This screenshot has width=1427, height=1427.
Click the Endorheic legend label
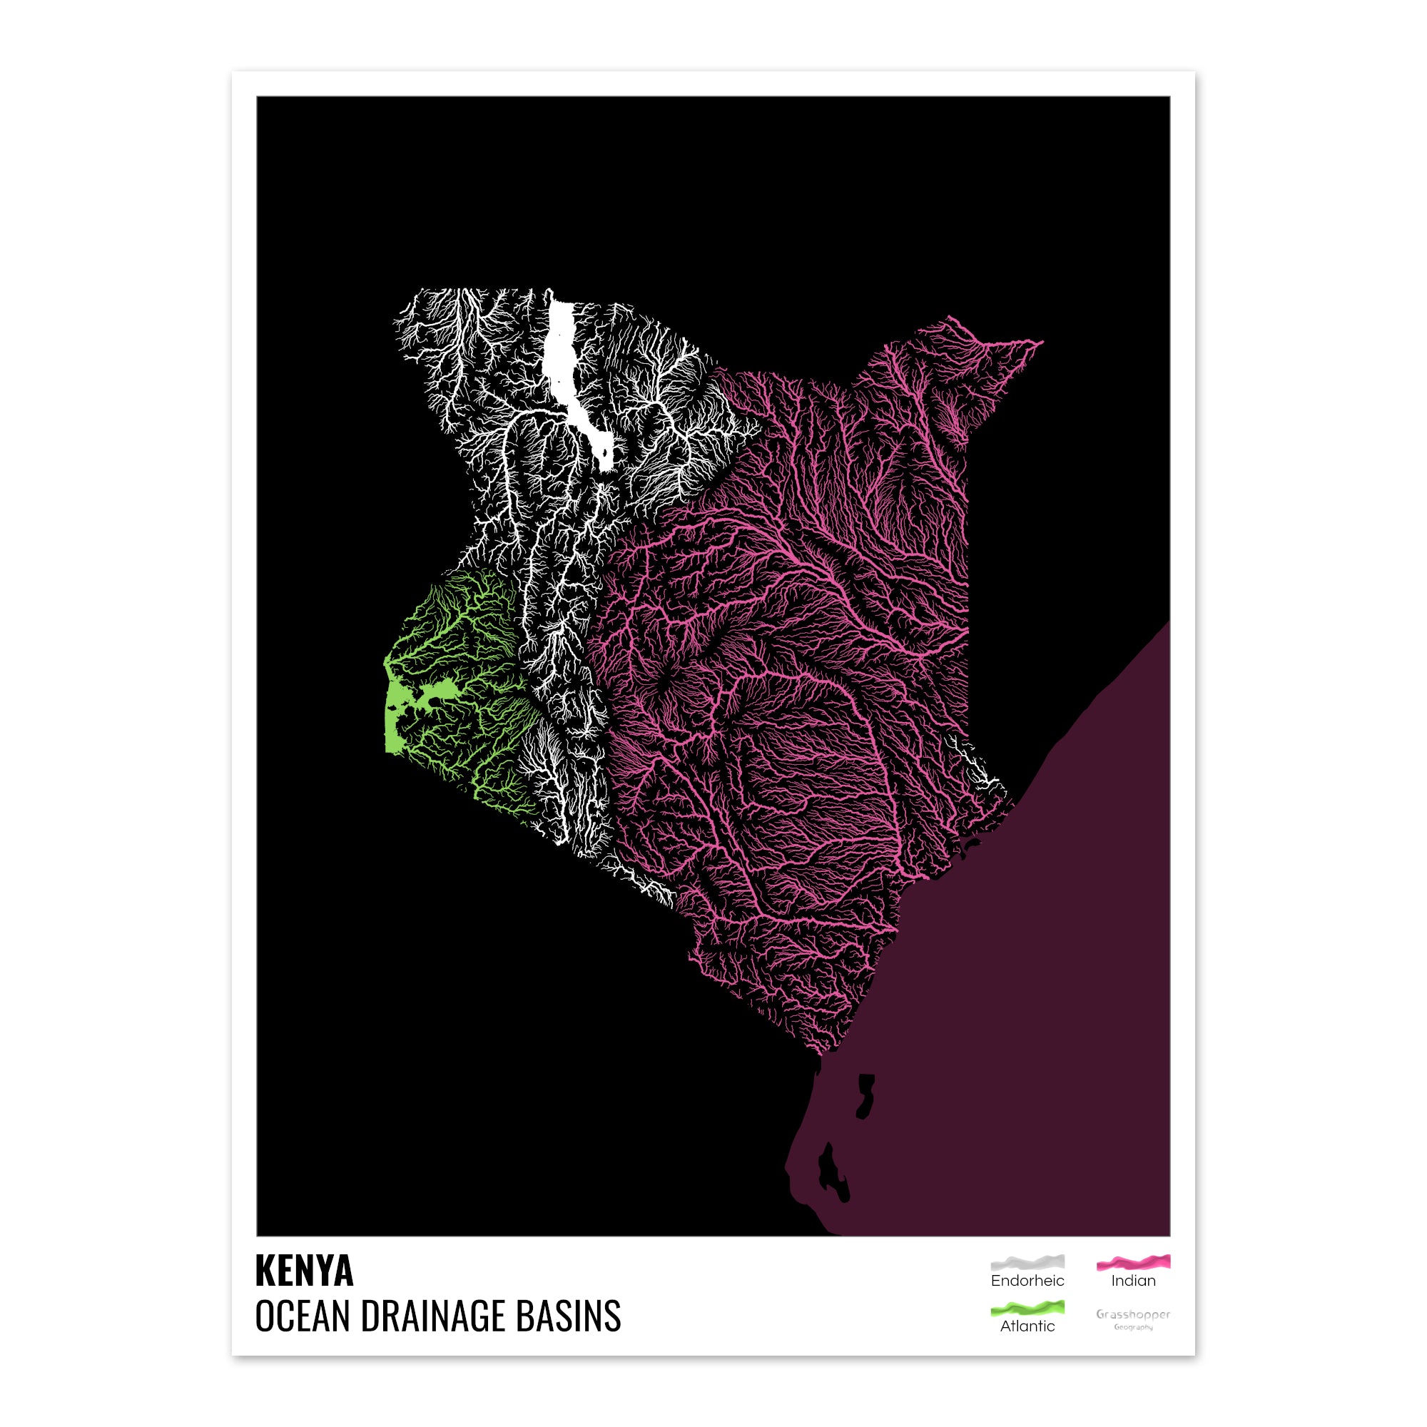[x=1027, y=1281]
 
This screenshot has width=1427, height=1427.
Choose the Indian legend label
[x=1133, y=1281]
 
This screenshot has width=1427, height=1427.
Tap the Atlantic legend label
[x=1027, y=1326]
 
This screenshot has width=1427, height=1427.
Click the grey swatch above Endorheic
[x=1027, y=1262]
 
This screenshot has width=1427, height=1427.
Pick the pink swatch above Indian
[x=1133, y=1262]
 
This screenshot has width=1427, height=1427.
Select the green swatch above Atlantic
[x=1027, y=1308]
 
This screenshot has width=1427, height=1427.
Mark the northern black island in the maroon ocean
[x=865, y=1100]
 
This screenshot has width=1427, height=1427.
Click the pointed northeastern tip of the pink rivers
[x=1041, y=342]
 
